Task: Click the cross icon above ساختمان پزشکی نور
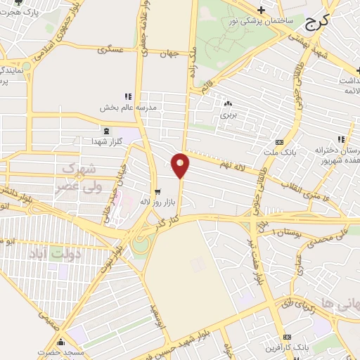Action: pyautogui.click(x=261, y=10)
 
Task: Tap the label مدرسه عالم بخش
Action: pyautogui.click(x=126, y=108)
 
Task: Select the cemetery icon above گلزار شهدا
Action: pyautogui.click(x=105, y=131)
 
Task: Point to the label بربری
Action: pyautogui.click(x=227, y=113)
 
